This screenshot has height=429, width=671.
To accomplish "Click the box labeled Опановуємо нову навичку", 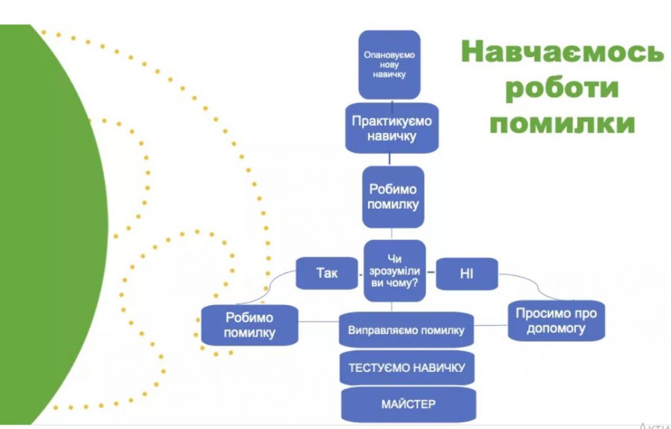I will [x=389, y=64].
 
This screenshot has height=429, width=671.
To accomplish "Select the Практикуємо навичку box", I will [x=392, y=129].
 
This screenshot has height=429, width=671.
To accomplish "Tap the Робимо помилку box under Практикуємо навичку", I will [x=393, y=196].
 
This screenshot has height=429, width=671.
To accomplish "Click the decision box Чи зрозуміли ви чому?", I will [x=394, y=271].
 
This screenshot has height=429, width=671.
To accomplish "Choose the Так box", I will [x=326, y=272].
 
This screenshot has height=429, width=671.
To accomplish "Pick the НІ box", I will [x=467, y=273].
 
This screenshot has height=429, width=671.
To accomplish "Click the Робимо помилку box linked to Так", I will [x=249, y=325].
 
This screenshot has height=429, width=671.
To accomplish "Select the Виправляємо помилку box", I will [x=406, y=330].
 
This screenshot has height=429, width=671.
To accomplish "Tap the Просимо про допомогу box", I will [x=556, y=321].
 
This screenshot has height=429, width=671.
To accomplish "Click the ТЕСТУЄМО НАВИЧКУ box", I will [x=406, y=367].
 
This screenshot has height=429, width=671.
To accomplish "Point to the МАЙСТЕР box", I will [x=407, y=403].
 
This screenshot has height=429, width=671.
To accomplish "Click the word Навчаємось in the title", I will [x=562, y=52].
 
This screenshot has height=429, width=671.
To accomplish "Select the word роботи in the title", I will [x=562, y=88].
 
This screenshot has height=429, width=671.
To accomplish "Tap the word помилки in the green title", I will [x=562, y=123].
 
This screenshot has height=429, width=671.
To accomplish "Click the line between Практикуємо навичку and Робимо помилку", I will [x=391, y=159].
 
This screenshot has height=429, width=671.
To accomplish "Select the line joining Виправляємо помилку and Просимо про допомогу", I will [x=491, y=325].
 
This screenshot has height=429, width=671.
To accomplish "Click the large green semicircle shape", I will [x=46, y=223].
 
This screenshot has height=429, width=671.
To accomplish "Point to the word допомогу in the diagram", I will [x=556, y=329].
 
